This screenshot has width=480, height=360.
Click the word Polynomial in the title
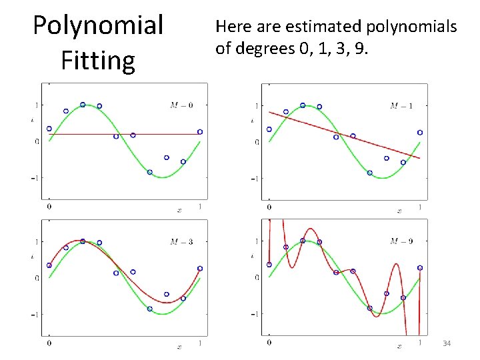point(98,25)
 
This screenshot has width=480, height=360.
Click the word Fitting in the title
point(98,60)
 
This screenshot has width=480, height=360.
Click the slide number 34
point(447,343)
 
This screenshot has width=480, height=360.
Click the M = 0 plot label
point(181,105)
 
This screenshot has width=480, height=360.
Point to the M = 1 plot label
point(401,105)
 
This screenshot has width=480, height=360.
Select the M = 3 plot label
point(181,241)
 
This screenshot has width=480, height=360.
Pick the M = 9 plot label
point(401,241)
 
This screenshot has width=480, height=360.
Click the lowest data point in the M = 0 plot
point(149,172)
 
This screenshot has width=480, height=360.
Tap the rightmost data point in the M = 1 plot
point(420,132)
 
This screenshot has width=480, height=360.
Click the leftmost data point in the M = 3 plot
point(49,265)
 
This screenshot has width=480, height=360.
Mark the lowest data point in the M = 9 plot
point(370,308)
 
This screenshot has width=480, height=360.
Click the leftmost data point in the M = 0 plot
point(49,129)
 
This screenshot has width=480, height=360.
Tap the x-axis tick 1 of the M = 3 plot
point(199,343)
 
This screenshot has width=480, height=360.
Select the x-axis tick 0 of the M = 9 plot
point(269,343)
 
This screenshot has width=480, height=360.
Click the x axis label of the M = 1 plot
point(399,211)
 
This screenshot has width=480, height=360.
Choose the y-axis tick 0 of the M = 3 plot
point(37,277)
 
